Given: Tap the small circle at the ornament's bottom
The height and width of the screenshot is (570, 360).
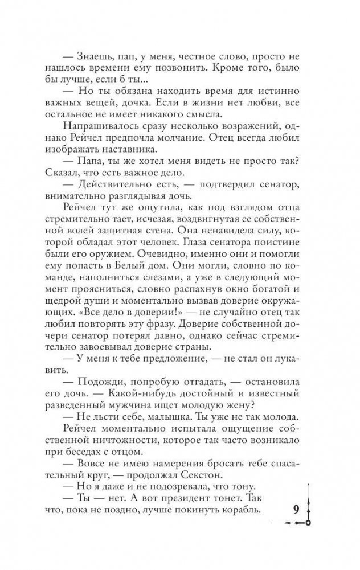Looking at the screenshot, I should (x=308, y=522).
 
